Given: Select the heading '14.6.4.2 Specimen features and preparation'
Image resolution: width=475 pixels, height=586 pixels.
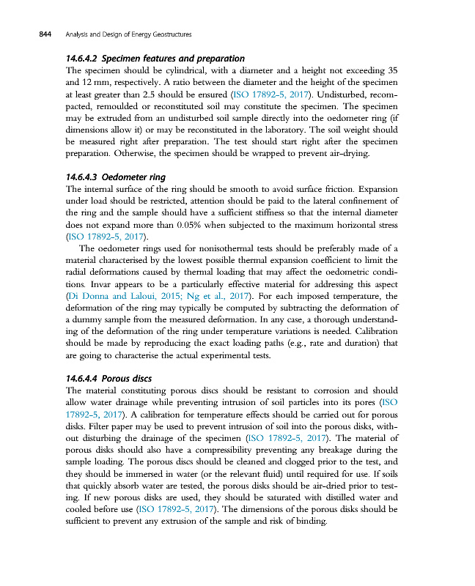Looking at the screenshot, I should (x=155, y=59).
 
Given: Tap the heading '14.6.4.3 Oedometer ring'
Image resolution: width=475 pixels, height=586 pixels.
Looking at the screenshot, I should (x=115, y=177).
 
